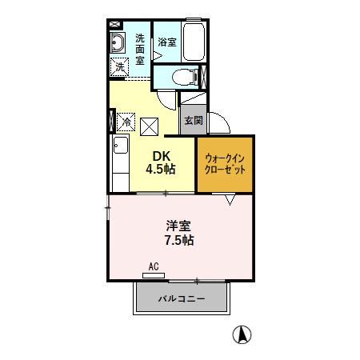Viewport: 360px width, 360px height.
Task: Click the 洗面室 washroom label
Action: pos(139,48)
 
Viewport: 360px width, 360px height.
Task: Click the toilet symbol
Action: pos(183,78)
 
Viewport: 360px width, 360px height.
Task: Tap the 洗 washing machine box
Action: pos(120,68)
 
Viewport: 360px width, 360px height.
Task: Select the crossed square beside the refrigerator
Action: pos(150,125)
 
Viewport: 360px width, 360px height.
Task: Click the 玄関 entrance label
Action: pos(193,121)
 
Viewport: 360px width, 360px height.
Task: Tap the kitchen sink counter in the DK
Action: pos(120,161)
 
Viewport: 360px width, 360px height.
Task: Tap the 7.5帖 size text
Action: pos(178,240)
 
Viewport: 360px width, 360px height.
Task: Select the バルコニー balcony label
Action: pos(181,300)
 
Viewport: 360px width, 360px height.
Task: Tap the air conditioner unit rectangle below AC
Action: pos(154,275)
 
